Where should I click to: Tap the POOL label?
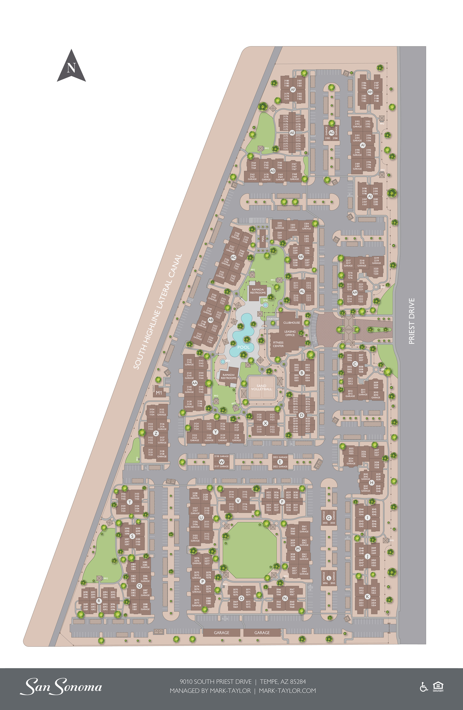pos(243,347)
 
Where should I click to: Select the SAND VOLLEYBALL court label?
pos(261,387)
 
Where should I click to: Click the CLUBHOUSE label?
pos(291,323)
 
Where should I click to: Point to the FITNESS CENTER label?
pos(278,344)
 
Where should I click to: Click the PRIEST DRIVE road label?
pos(411,321)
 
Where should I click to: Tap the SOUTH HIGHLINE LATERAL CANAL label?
pos(157,312)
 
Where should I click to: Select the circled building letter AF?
pos(293,90)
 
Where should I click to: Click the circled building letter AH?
pos(370,92)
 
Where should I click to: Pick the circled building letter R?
pos(99,601)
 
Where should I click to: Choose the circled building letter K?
pos(367,596)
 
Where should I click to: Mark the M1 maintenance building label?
pos(159,393)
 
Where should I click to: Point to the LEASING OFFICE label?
pos(290,333)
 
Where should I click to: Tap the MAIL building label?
pos(263,238)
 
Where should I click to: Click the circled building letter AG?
pos(331,133)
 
